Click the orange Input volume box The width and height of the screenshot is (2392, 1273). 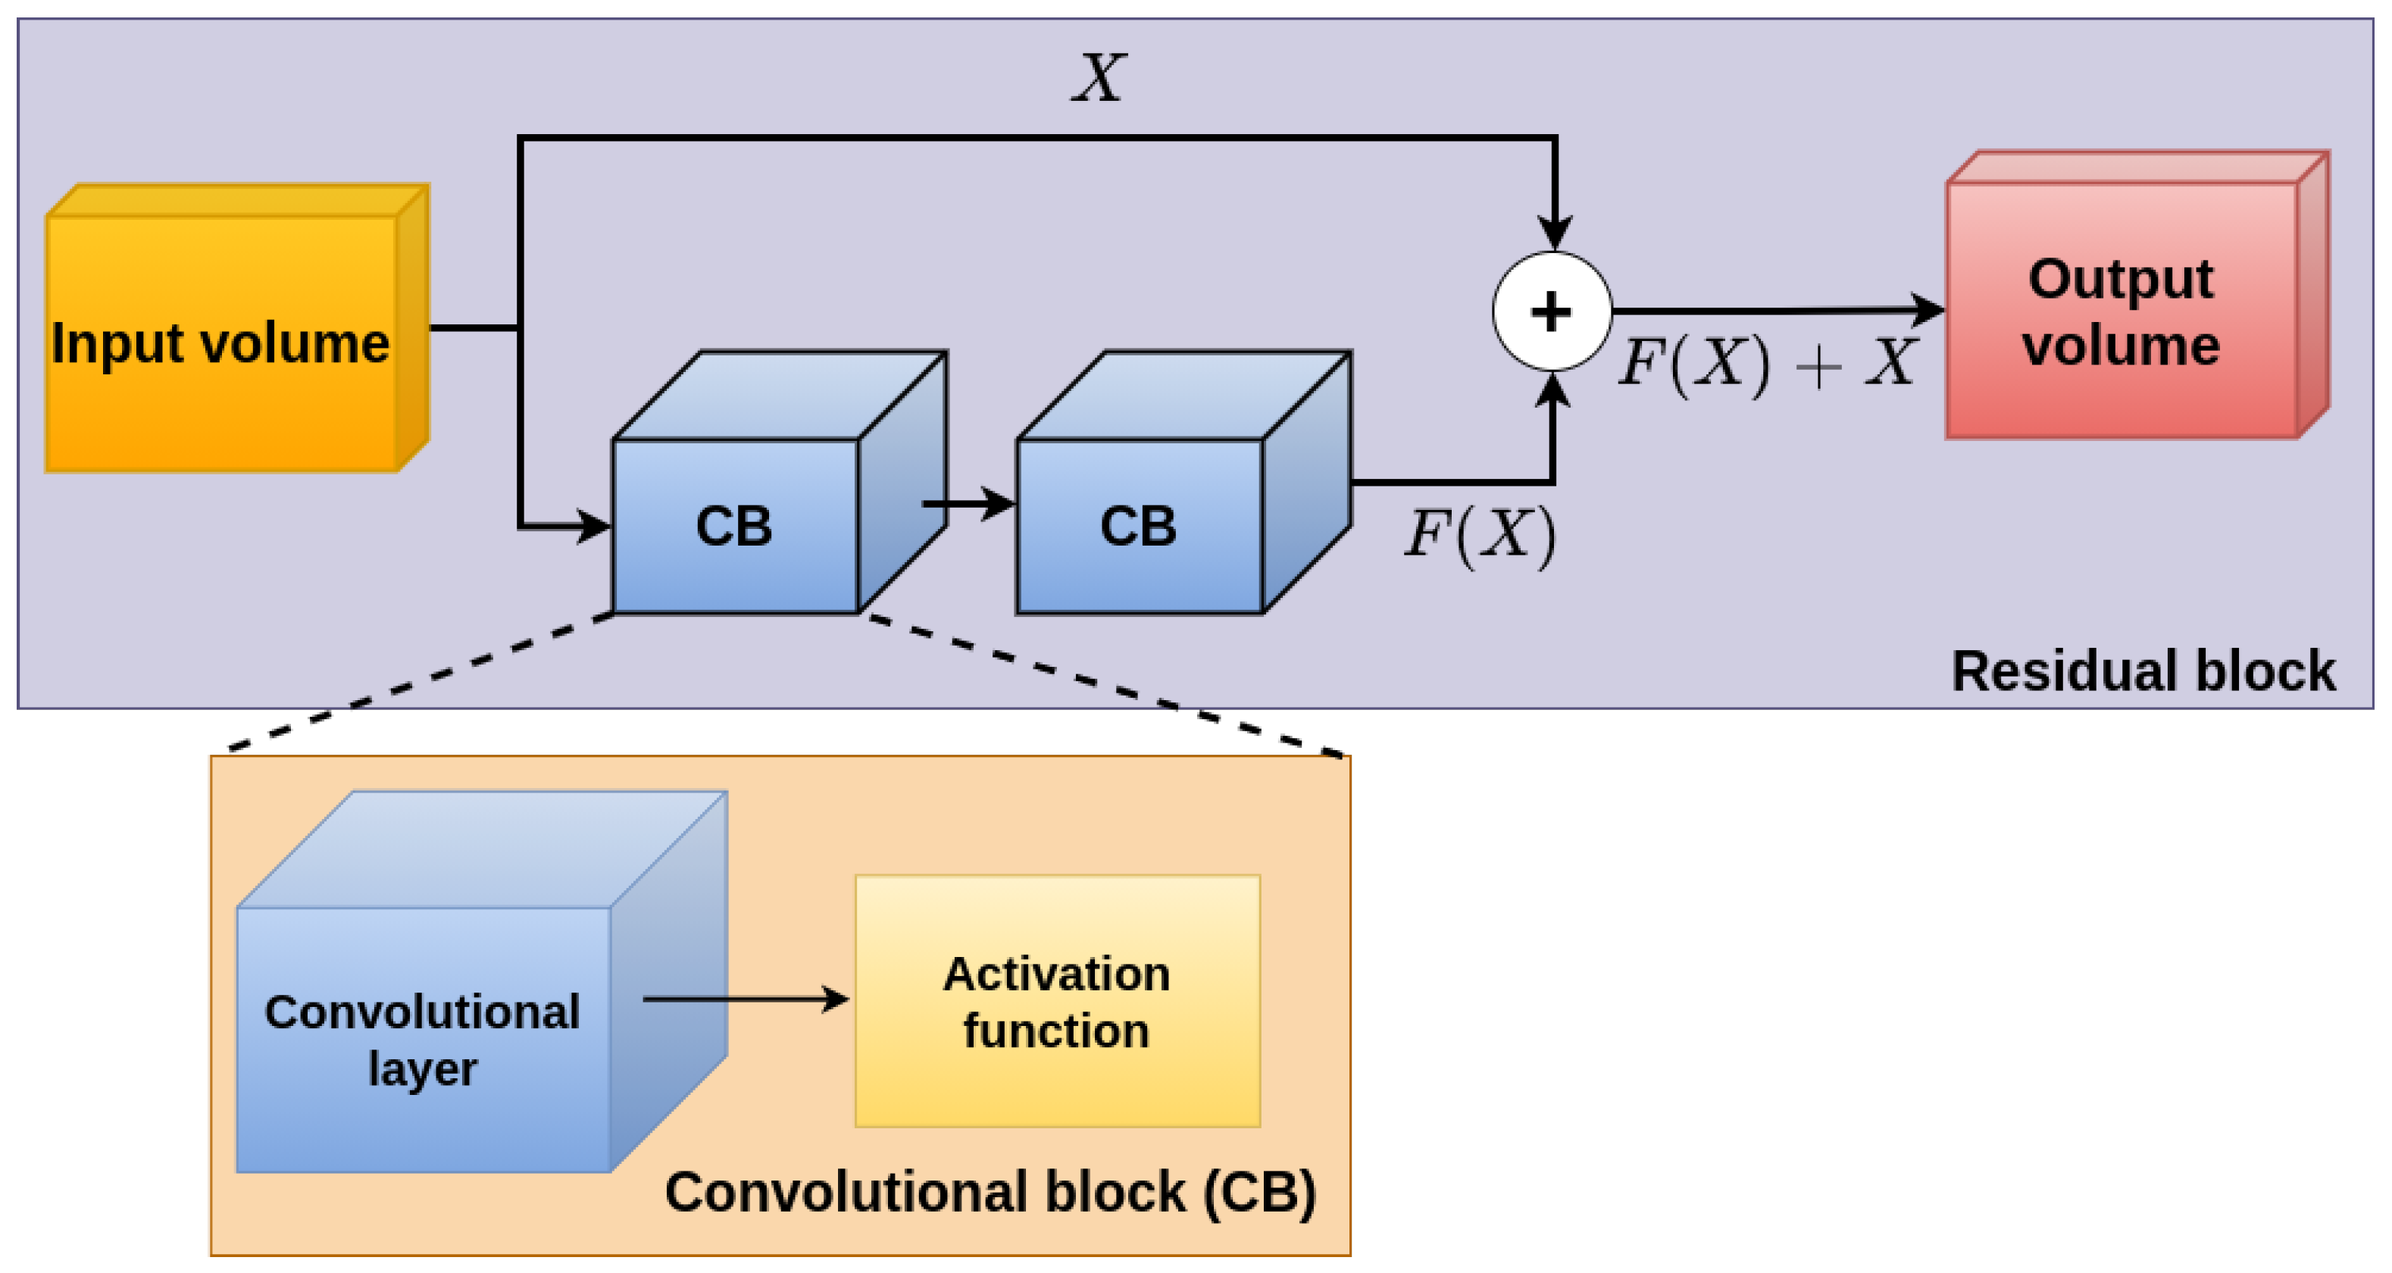click(x=223, y=343)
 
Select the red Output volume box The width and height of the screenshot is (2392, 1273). click(x=2122, y=311)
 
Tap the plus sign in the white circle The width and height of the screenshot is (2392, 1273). click(x=1551, y=312)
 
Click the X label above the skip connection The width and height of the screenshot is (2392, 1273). click(x=1099, y=78)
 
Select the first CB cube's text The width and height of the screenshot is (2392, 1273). click(x=733, y=527)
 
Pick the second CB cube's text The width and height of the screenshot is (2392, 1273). click(x=1139, y=527)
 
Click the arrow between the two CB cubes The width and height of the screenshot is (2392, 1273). click(x=971, y=504)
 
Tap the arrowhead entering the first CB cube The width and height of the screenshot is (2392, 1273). click(x=594, y=527)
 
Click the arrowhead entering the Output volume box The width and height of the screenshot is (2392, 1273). click(x=1928, y=310)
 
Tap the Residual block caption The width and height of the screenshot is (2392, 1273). click(x=2143, y=671)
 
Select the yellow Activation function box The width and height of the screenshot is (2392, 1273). click(x=1057, y=1001)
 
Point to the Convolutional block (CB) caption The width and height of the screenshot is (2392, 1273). click(x=990, y=1192)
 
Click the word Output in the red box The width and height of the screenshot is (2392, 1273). click(x=2121, y=279)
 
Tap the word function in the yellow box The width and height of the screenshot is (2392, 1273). click(x=1057, y=1031)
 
